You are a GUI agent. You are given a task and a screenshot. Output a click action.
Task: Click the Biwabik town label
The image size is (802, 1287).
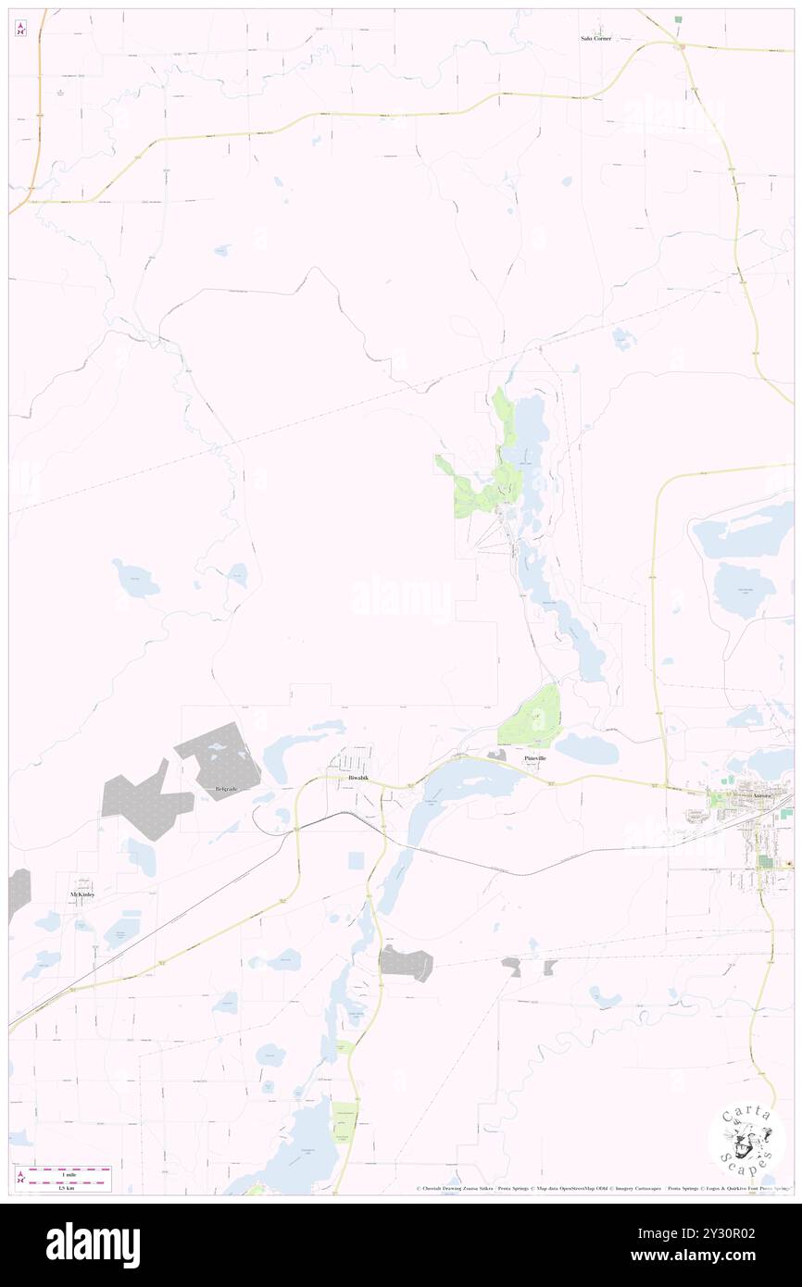pyautogui.click(x=357, y=778)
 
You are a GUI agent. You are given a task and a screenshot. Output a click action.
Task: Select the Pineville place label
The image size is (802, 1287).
pyautogui.click(x=535, y=758)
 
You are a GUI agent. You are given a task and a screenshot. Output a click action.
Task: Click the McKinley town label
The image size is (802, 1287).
pyautogui.click(x=82, y=895)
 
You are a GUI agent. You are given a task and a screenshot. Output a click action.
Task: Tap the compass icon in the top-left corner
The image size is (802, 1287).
pyautogui.click(x=20, y=30)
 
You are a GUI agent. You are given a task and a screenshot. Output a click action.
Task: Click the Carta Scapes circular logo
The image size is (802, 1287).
pyautogui.click(x=746, y=1143)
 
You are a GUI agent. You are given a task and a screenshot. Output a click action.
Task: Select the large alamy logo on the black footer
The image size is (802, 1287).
pyautogui.click(x=93, y=1244)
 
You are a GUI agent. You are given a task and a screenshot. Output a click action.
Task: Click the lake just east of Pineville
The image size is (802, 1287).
pyautogui.click(x=587, y=748)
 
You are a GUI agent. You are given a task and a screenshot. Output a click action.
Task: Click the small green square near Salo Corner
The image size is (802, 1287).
pyautogui.click(x=678, y=19)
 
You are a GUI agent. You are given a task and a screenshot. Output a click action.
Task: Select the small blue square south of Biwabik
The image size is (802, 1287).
pyautogui.click(x=356, y=860)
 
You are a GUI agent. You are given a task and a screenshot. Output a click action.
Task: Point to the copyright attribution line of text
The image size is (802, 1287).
pyautogui.click(x=602, y=1188)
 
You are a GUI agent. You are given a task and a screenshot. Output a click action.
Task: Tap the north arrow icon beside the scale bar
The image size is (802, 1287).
pyautogui.click(x=20, y=1176)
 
